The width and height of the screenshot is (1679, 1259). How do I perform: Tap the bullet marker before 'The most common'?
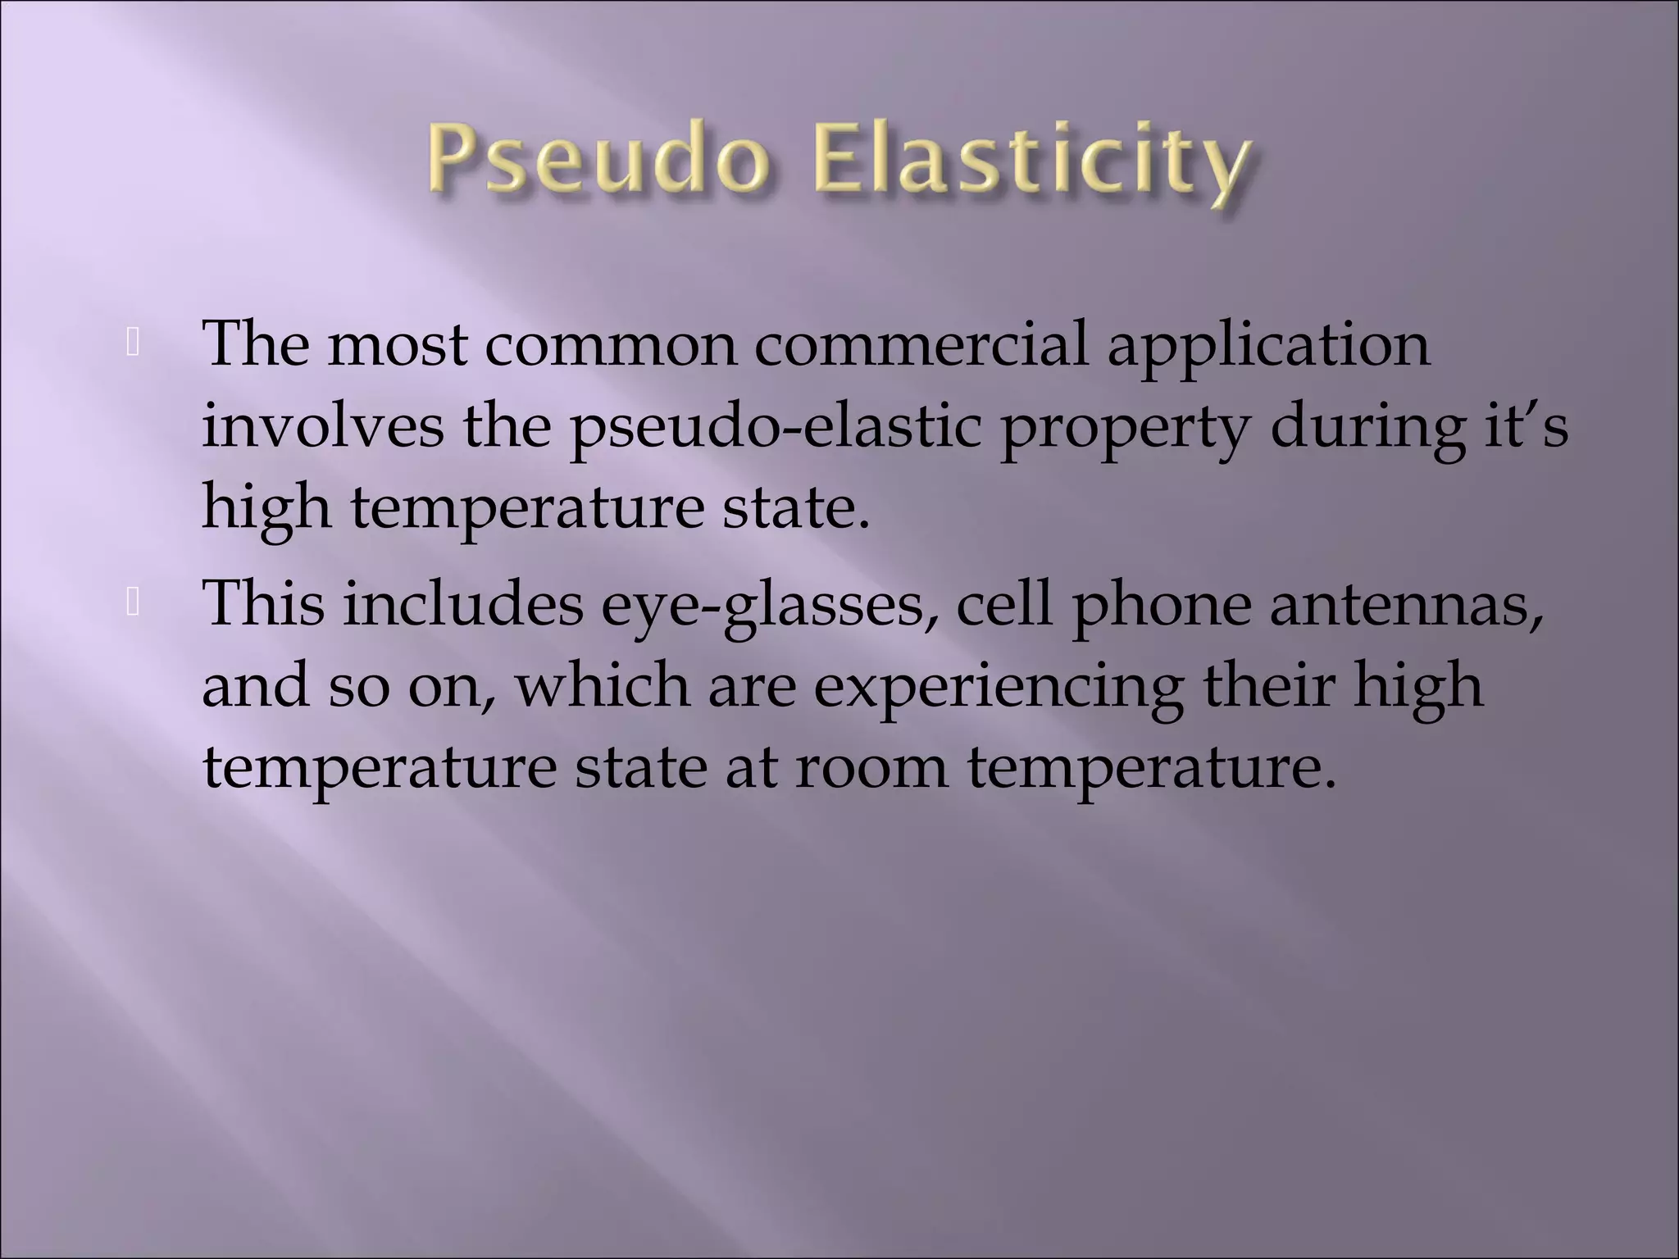tap(133, 345)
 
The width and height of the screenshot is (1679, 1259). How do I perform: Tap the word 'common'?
tap(611, 344)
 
